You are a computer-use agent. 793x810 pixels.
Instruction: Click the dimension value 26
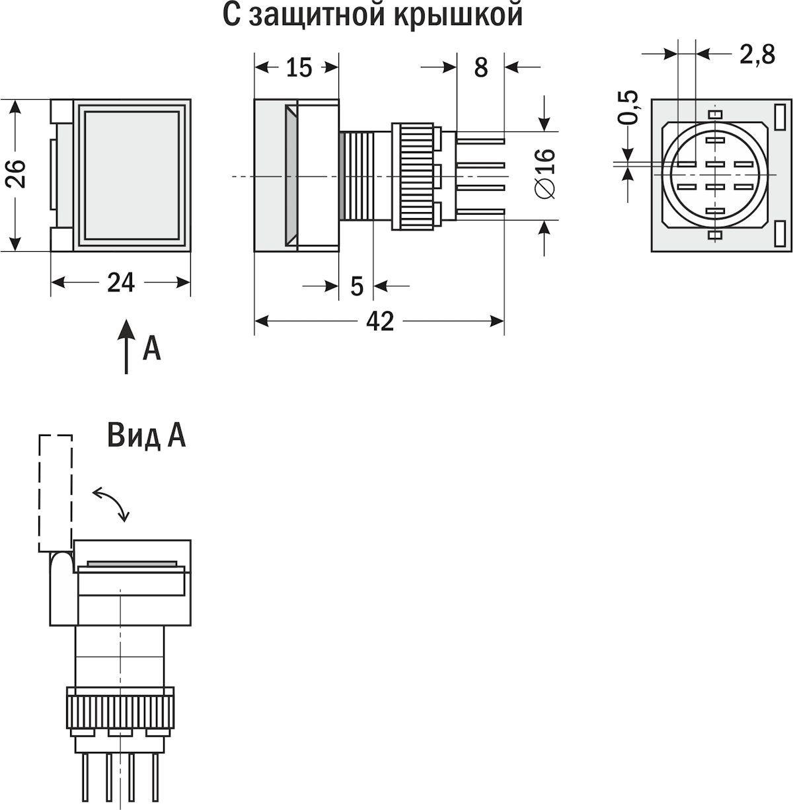click(x=17, y=174)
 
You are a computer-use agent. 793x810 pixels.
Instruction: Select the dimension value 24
click(x=121, y=283)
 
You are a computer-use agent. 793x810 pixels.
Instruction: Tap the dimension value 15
click(x=299, y=67)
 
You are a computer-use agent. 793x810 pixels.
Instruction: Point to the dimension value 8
click(x=480, y=67)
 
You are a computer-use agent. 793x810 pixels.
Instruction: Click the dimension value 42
click(x=380, y=322)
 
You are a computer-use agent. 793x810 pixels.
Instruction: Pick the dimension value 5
click(x=357, y=287)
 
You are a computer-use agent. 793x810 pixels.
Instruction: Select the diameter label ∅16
click(x=545, y=173)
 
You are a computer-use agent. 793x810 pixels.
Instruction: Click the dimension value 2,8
click(x=757, y=55)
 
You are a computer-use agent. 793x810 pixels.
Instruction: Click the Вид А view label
click(x=146, y=435)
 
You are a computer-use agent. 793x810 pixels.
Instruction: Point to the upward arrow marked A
click(x=126, y=348)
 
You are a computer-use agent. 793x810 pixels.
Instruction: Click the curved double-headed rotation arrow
click(x=111, y=504)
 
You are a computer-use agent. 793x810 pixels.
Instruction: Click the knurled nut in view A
click(x=120, y=714)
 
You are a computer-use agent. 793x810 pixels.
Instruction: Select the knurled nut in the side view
click(x=412, y=176)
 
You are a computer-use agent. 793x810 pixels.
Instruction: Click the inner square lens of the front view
click(x=132, y=175)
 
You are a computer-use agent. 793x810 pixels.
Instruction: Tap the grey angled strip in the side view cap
click(x=291, y=175)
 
